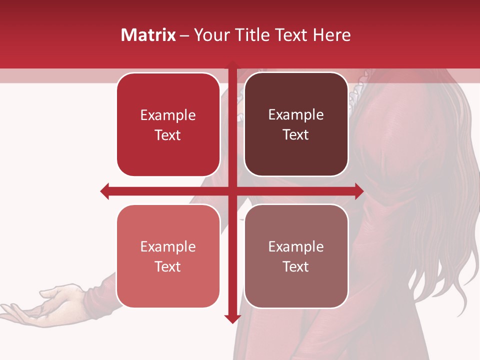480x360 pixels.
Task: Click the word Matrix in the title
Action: (148, 35)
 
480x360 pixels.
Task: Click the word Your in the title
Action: (211, 35)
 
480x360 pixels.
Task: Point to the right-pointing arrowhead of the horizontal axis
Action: (359, 191)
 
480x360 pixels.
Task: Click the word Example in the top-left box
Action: (168, 115)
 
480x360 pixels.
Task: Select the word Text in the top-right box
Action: (296, 134)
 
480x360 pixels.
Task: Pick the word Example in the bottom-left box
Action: (168, 247)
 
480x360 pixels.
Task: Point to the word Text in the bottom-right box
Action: (296, 266)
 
